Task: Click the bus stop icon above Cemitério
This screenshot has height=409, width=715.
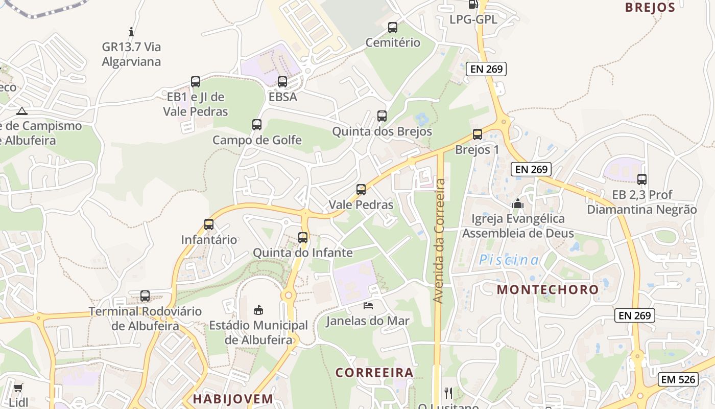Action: [x=392, y=28]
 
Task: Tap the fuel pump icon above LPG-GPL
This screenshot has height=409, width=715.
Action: [x=473, y=4]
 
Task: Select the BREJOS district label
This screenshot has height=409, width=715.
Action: [x=650, y=8]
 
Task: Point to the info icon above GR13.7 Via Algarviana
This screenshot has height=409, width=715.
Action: [x=131, y=32]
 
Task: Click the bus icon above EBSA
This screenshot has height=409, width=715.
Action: [x=282, y=82]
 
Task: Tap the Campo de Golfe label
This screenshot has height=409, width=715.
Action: [x=257, y=140]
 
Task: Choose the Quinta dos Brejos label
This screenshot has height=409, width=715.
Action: [x=382, y=131]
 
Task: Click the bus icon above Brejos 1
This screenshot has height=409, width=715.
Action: [x=477, y=134]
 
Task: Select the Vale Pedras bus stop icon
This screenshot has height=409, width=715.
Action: [x=361, y=190]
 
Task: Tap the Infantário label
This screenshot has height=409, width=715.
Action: [x=209, y=240]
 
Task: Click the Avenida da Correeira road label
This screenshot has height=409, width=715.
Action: [x=439, y=240]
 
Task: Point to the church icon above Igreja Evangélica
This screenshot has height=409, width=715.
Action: [x=518, y=204]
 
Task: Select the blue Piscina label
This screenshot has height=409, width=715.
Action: [x=509, y=260]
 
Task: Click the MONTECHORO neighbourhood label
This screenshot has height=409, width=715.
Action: [x=547, y=290]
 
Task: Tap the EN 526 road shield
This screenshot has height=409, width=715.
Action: [x=678, y=379]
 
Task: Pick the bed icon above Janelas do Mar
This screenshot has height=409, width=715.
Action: [x=368, y=306]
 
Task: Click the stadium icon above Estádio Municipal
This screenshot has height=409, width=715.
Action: [x=258, y=310]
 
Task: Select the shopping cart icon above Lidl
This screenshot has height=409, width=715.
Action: [x=18, y=388]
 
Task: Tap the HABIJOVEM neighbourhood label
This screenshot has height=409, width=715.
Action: [x=233, y=399]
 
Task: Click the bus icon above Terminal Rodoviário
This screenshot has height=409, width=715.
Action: [x=145, y=296]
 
